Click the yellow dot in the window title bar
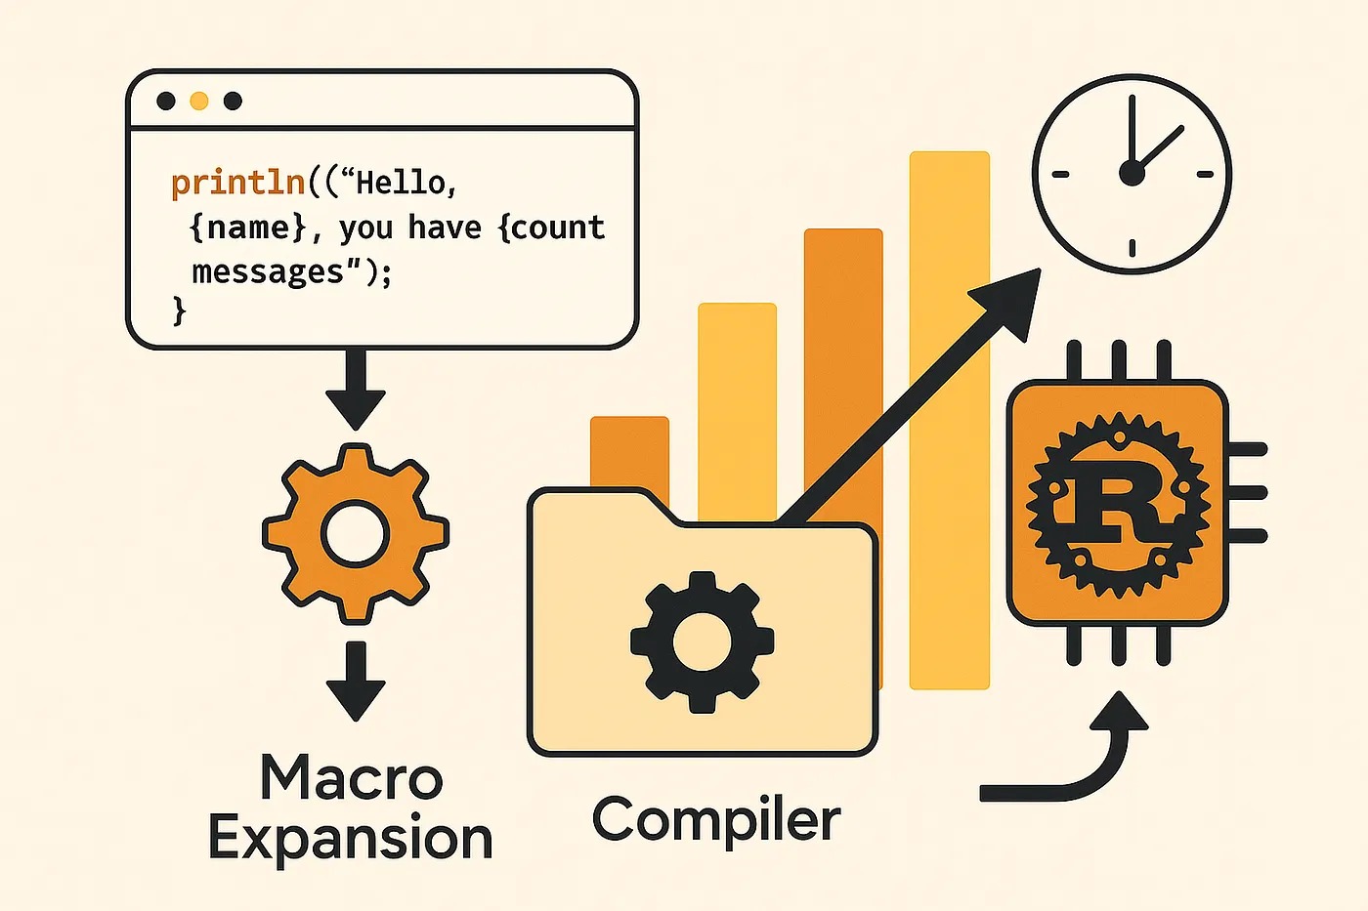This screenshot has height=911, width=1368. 199,101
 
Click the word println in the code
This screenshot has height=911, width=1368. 237,183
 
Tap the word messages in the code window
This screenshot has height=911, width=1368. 269,271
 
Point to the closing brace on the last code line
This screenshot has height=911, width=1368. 179,311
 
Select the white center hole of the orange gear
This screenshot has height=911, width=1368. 356,533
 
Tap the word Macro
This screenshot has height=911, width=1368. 352,778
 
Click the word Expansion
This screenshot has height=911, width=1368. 351,839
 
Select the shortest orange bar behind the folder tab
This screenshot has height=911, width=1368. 629,449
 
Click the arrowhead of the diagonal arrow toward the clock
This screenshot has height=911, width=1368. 1011,298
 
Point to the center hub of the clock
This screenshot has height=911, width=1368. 1132,174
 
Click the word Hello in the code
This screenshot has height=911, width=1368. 401,183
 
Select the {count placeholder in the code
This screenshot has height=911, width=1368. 552,228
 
